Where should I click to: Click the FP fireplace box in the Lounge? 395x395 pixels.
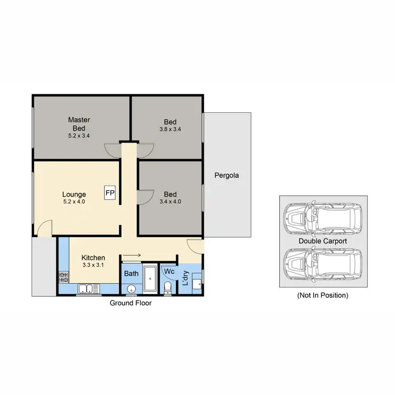coord(110,193)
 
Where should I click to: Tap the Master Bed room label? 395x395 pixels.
coord(79,124)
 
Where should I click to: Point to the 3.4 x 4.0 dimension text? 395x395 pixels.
coord(170,201)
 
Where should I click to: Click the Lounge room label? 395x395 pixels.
coord(74,194)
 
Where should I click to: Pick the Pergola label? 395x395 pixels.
coord(226,175)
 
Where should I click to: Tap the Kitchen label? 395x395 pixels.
coord(93,258)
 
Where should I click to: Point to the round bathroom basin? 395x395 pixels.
coord(130,289)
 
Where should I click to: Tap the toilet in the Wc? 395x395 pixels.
coord(167,287)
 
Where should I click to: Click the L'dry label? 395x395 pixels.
coord(185,277)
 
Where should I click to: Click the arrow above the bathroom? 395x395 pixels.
coord(132,256)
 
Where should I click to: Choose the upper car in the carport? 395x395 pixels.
coord(322,218)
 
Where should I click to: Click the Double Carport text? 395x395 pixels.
coord(322,241)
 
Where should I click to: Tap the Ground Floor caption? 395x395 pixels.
coord(131,303)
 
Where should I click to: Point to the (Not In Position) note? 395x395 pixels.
coord(322,295)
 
